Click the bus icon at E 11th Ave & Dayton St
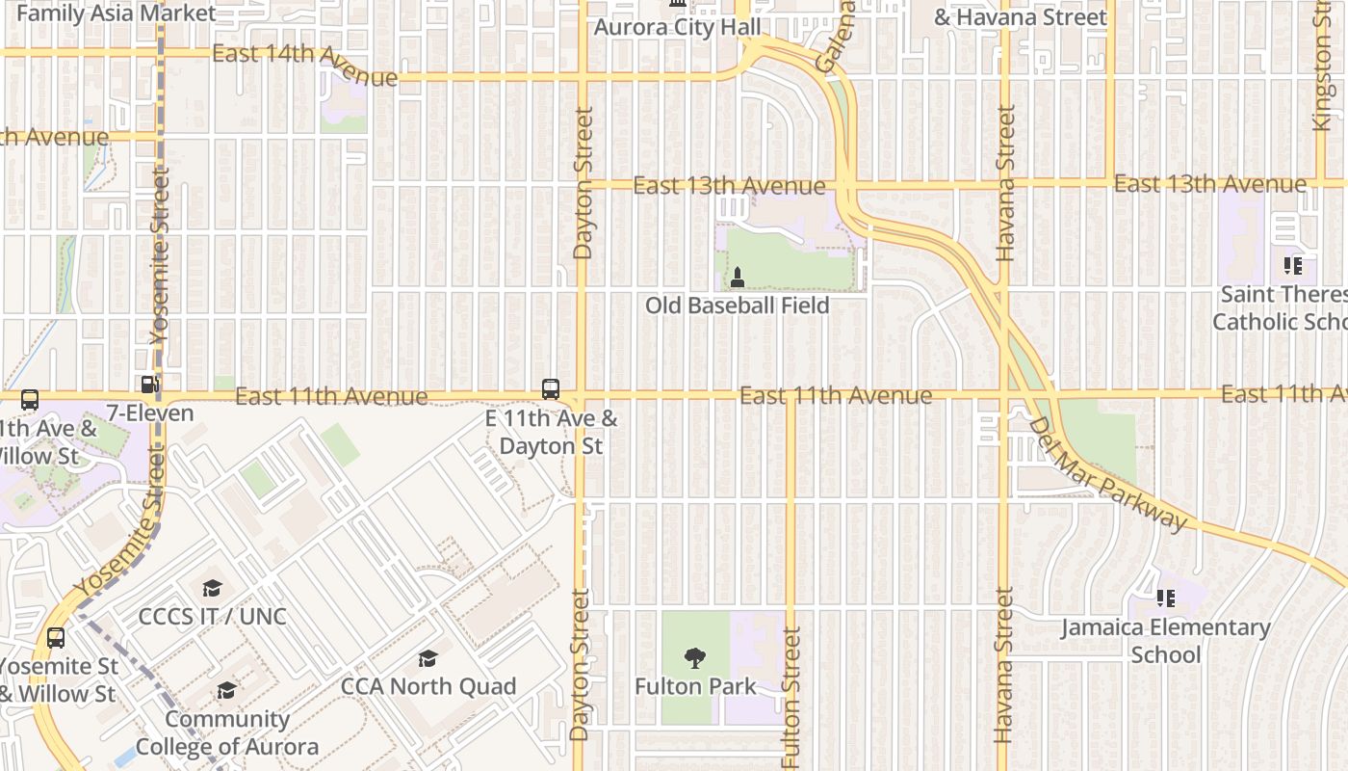[x=551, y=389]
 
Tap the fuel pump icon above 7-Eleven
[x=150, y=385]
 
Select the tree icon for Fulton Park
[x=694, y=659]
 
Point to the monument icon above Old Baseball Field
[x=738, y=278]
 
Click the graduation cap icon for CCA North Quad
[x=428, y=658]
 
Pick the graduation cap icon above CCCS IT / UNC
[x=212, y=588]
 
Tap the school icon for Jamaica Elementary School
[x=1166, y=599]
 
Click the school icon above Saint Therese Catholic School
[x=1293, y=265]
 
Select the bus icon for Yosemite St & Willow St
[x=56, y=638]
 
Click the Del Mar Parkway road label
[x=1107, y=473]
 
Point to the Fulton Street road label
[x=791, y=698]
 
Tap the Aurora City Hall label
[x=677, y=27]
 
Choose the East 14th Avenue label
[x=304, y=65]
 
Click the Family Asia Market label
[x=116, y=13]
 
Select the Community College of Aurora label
[x=227, y=732]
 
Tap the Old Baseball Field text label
[x=737, y=306]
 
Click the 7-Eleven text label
[x=150, y=413]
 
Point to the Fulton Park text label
[x=695, y=686]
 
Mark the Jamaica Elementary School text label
[x=1166, y=641]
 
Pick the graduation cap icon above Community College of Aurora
[x=226, y=691]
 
